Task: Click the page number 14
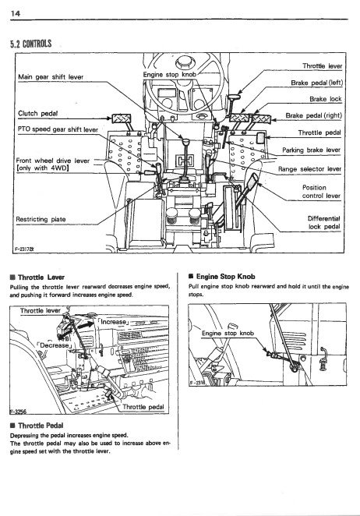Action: pos(16,13)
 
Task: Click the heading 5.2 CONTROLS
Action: pos(31,44)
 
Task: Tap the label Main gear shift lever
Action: pos(51,77)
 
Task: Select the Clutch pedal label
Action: pos(38,114)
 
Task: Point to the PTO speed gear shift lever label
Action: pos(58,129)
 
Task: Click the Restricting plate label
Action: pos(41,219)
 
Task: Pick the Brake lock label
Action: pos(326,99)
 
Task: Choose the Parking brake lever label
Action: pos(311,150)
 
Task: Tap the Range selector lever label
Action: pos(309,169)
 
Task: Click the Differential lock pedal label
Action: pos(324,222)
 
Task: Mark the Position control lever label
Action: pos(321,192)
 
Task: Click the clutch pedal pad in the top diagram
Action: pos(122,118)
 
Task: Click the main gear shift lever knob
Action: pos(186,143)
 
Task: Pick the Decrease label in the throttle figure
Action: pos(55,345)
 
